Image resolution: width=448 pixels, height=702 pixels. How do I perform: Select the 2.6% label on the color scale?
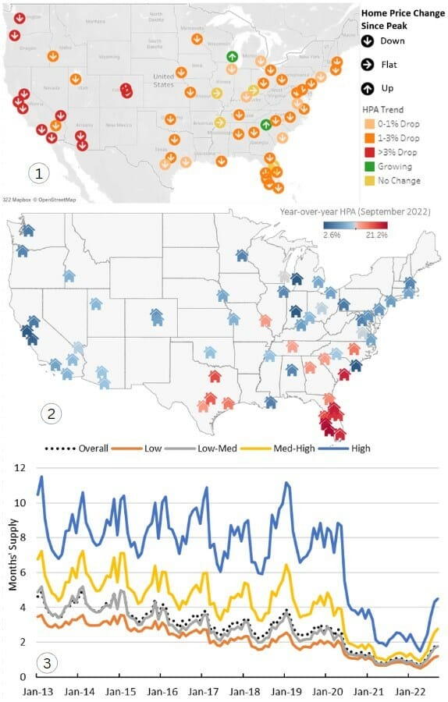333,236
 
